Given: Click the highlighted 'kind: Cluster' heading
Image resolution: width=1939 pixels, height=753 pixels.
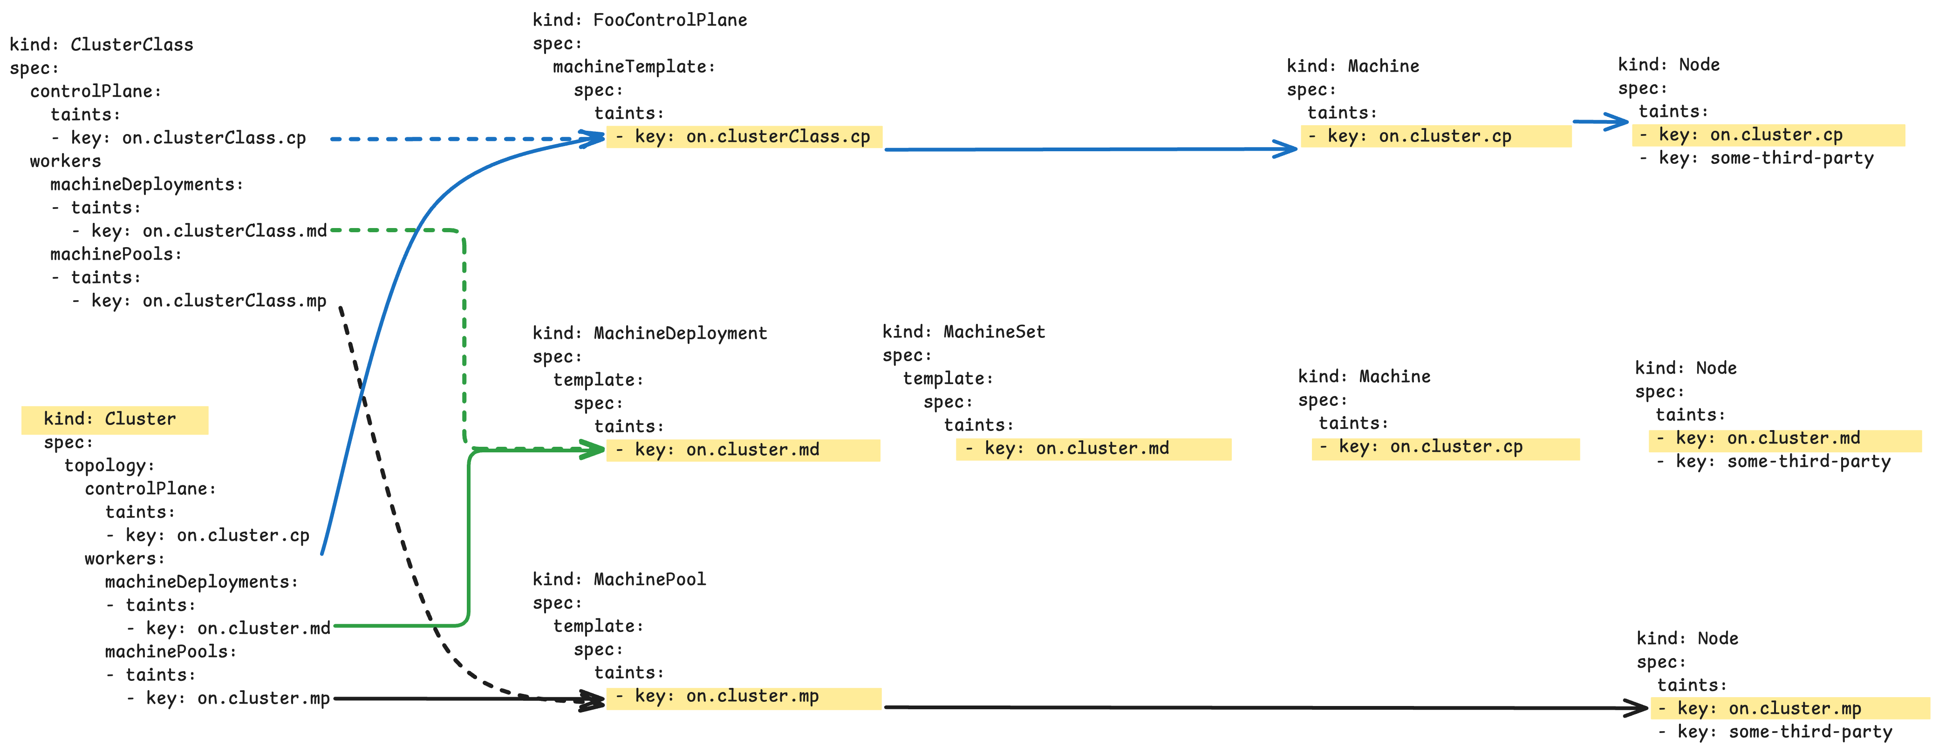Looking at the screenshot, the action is click(110, 419).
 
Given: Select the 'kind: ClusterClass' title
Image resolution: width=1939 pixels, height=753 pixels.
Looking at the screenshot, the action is click(102, 45).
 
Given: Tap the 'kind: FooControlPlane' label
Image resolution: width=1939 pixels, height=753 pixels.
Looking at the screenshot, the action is click(640, 20).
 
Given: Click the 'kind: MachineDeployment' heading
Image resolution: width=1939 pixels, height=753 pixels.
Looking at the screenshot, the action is click(649, 333).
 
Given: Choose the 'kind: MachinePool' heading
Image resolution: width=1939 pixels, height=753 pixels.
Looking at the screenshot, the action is click(619, 579).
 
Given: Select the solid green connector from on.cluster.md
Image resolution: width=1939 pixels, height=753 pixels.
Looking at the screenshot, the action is click(469, 538).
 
